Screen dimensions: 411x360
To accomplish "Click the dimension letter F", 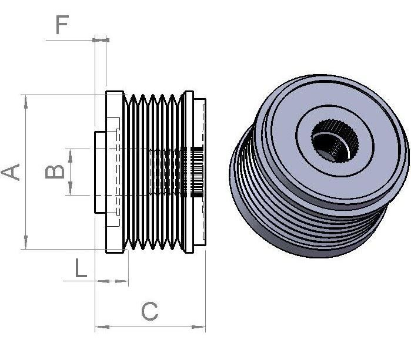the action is [x=62, y=25].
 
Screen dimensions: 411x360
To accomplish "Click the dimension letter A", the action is [x=11, y=172].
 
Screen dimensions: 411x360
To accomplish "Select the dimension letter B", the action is [x=55, y=171].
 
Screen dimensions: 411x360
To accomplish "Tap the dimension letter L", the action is [x=81, y=268].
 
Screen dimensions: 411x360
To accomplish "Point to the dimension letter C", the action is [x=150, y=311].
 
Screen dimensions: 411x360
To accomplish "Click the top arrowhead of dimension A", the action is [x=26, y=102].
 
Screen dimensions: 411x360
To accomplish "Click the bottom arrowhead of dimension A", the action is [x=26, y=242].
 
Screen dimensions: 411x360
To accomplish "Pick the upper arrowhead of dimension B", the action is [x=70, y=156].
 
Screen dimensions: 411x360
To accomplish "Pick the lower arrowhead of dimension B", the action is [x=70, y=189].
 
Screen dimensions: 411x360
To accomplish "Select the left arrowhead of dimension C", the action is [x=102, y=327].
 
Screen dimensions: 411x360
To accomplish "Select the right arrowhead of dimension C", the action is [x=198, y=327].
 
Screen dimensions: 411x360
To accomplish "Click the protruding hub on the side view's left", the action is [x=100, y=172].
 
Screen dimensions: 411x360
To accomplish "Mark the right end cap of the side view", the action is [x=200, y=172].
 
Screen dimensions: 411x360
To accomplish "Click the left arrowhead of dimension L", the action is [x=102, y=281].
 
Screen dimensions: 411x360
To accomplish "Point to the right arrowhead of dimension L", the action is [x=121, y=281].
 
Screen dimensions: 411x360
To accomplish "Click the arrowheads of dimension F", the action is [x=101, y=40].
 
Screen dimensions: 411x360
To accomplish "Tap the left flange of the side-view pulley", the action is [x=115, y=172].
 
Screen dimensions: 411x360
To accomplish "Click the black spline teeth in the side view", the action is [x=197, y=172].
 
